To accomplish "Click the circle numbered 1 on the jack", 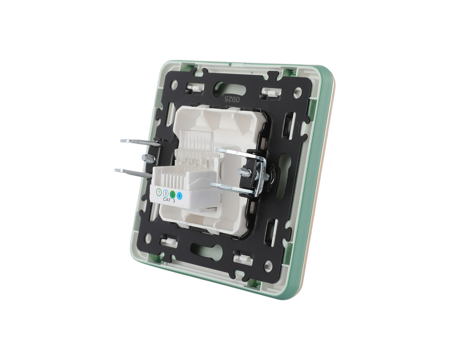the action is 159,191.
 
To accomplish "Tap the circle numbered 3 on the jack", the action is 166,193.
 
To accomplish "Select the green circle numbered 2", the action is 172,195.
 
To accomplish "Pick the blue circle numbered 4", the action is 180,196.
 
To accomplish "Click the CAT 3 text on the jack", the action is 169,200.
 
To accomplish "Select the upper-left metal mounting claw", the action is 141,142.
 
